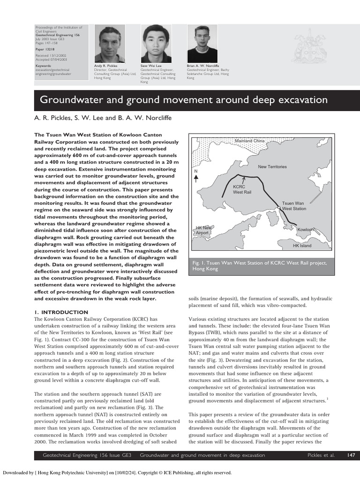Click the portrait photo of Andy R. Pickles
(110, 44)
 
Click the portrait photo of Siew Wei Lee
(156, 44)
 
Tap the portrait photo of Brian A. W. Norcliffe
(202, 44)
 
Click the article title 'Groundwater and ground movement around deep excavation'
(183, 100)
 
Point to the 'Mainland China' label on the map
(250, 141)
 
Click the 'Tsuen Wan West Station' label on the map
(294, 206)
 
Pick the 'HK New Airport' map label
(203, 230)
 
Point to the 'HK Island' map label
(302, 245)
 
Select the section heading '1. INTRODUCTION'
(61, 312)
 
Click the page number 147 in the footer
(351, 455)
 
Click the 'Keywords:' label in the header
(44, 66)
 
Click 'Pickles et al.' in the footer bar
(321, 455)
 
